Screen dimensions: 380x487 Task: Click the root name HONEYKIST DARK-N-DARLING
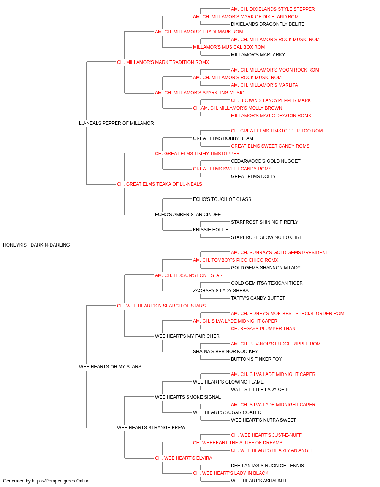pyautogui.click(x=36, y=245)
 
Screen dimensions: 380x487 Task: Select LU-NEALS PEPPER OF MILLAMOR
pyautogui.click(x=116, y=123)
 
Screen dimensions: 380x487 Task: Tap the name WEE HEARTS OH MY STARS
pyautogui.click(x=110, y=367)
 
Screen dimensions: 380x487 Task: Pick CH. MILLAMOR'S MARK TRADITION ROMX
pyautogui.click(x=163, y=62)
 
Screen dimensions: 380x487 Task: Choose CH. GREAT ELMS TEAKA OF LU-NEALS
pyautogui.click(x=160, y=184)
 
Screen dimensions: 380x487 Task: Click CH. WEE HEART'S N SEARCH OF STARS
pyautogui.click(x=161, y=306)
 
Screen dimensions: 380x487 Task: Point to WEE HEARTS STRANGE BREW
pyautogui.click(x=151, y=427)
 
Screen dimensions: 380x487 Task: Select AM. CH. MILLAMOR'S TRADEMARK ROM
pyautogui.click(x=199, y=32)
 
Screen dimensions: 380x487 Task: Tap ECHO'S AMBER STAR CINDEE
pyautogui.click(x=188, y=215)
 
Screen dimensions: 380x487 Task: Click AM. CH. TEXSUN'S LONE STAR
pyautogui.click(x=189, y=275)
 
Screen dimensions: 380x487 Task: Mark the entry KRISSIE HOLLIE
pyautogui.click(x=211, y=230)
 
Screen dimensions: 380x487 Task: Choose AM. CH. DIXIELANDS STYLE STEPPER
pyautogui.click(x=273, y=9)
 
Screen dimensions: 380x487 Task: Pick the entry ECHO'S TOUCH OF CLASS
pyautogui.click(x=222, y=199)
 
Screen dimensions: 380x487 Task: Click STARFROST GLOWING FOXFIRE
pyautogui.click(x=267, y=237)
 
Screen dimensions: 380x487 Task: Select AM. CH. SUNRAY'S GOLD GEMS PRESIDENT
pyautogui.click(x=280, y=253)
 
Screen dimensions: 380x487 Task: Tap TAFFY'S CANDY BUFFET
pyautogui.click(x=258, y=298)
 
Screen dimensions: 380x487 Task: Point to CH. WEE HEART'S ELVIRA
pyautogui.click(x=184, y=458)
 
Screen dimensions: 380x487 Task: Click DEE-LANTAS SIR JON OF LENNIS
pyautogui.click(x=268, y=465)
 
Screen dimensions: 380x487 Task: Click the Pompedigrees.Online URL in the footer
pyautogui.click(x=61, y=481)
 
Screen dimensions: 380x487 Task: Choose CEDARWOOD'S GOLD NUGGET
pyautogui.click(x=266, y=161)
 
